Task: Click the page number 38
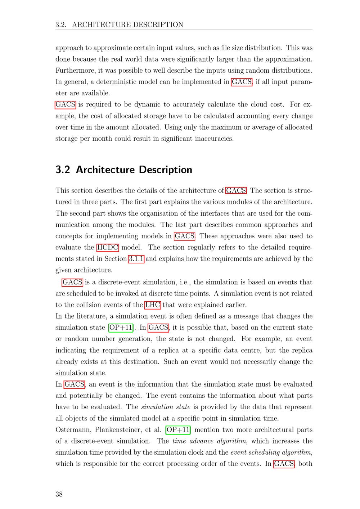click(x=59, y=494)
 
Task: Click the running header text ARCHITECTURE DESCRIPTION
click(x=128, y=24)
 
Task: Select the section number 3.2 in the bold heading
click(x=63, y=170)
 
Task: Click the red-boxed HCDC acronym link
click(x=107, y=247)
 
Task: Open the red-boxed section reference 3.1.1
click(x=136, y=258)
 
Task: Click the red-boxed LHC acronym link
click(x=153, y=305)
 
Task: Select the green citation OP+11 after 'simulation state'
click(x=121, y=328)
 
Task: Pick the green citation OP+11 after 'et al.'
click(x=178, y=430)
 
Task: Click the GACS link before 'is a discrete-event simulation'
click(x=72, y=282)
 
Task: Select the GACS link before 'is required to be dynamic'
click(x=65, y=105)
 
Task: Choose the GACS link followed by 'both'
click(x=284, y=464)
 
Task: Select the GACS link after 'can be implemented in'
click(x=242, y=82)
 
